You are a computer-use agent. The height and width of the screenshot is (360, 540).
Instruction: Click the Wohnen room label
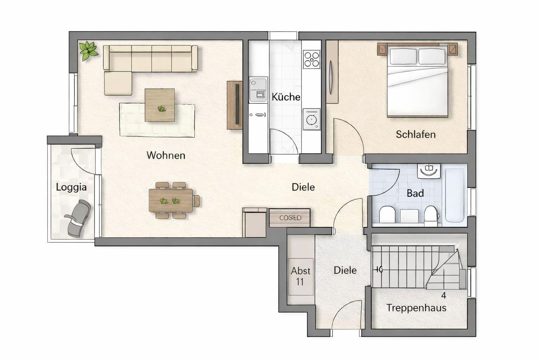[166, 155]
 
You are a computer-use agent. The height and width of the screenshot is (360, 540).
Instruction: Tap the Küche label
[286, 97]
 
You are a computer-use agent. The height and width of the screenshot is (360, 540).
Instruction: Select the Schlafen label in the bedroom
[416, 134]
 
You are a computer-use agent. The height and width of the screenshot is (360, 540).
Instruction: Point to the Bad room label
[415, 193]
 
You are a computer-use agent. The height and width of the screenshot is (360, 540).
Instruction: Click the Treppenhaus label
[416, 308]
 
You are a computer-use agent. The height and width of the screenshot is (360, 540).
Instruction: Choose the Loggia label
[71, 187]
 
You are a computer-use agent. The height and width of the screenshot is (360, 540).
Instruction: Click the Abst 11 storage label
[300, 276]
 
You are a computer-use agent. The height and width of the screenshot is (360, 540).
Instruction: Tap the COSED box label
[290, 218]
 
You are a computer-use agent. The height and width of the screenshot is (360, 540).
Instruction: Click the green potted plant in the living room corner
[88, 50]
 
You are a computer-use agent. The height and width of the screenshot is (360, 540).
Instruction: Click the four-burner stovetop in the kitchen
[311, 59]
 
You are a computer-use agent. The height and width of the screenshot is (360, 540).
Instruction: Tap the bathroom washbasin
[429, 170]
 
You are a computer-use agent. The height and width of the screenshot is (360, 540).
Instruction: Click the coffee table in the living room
[160, 105]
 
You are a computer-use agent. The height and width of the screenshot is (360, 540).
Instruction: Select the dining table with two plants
[171, 201]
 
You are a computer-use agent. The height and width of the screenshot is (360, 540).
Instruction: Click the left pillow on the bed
[403, 56]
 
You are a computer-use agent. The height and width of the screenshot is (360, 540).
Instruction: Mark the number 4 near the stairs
[444, 296]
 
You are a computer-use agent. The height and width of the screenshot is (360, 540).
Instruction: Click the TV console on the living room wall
[235, 105]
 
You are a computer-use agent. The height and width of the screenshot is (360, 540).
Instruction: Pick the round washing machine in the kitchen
[311, 120]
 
